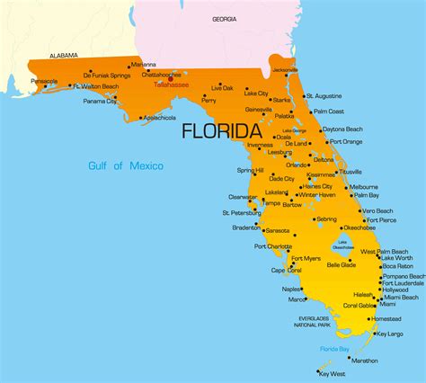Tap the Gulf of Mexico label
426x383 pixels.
click(126, 165)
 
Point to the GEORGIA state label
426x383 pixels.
click(225, 19)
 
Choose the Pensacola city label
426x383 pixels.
click(44, 81)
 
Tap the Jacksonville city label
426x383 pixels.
click(285, 69)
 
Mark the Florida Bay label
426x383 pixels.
click(337, 348)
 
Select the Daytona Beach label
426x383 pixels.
click(346, 129)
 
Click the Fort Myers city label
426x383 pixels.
click(306, 259)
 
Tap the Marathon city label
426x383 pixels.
click(364, 360)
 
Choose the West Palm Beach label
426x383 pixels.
click(385, 251)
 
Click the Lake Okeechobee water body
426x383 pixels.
click(342, 243)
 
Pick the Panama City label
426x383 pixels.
click(100, 102)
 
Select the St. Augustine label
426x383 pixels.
click(324, 95)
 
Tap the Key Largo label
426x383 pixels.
click(390, 334)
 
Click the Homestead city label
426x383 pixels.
click(386, 317)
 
